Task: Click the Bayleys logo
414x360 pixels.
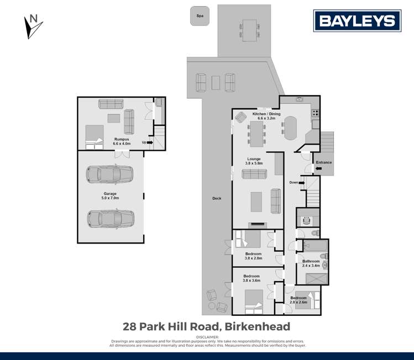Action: (357, 22)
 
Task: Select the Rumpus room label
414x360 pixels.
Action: (122, 141)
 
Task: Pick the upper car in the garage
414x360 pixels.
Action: (110, 175)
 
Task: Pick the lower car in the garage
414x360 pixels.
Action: (110, 219)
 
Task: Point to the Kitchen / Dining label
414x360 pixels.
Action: (266, 116)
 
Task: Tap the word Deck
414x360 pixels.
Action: (216, 198)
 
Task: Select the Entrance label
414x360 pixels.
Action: (323, 162)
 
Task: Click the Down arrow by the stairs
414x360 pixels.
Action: (296, 182)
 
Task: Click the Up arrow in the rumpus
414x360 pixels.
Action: (148, 142)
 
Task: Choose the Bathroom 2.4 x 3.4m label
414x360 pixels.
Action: (311, 263)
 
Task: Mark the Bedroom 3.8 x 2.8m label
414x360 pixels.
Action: (253, 256)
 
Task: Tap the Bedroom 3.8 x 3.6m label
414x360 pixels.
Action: (251, 278)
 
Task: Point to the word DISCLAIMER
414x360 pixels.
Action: (207, 337)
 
